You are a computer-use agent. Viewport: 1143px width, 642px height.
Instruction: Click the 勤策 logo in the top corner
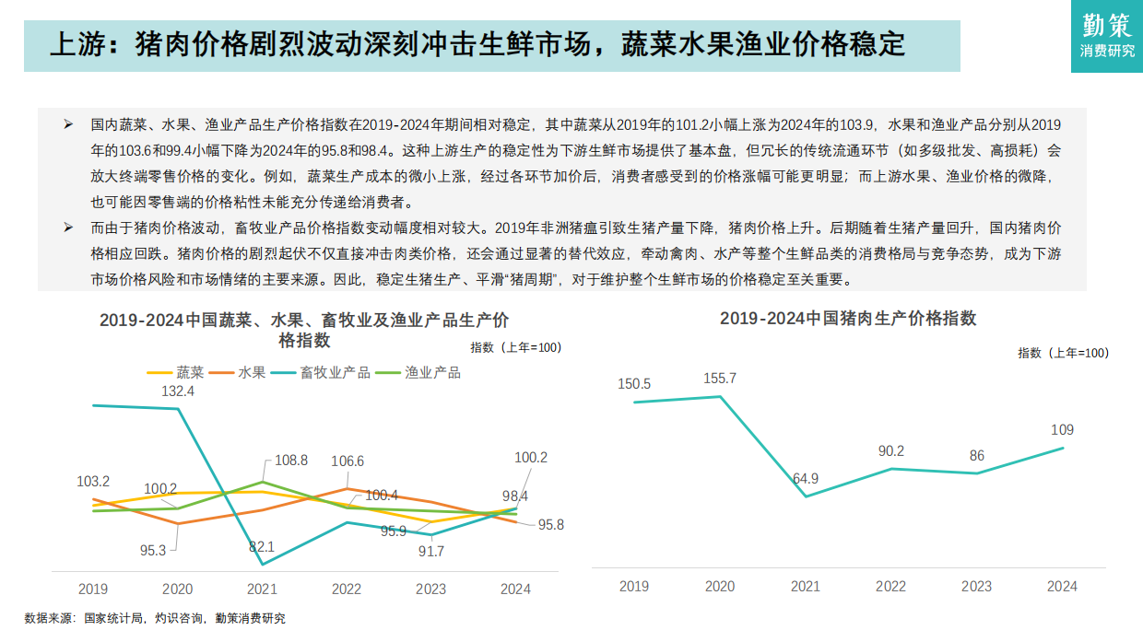tap(1107, 36)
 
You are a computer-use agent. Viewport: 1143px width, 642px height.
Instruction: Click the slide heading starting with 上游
tap(477, 44)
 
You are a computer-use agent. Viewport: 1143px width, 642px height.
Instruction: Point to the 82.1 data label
tap(262, 546)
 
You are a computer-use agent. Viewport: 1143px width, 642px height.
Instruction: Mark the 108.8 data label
tap(291, 460)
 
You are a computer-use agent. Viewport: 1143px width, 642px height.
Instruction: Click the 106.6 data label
tap(347, 461)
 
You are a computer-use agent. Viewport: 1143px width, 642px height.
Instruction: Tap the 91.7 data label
tap(431, 552)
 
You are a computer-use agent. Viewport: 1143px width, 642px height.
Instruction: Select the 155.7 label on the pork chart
tap(719, 379)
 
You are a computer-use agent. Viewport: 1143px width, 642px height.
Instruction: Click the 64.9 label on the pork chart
tap(805, 478)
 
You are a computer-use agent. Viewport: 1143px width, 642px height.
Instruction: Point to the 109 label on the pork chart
tap(1062, 430)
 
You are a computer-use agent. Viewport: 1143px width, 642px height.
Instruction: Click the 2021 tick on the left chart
tap(262, 589)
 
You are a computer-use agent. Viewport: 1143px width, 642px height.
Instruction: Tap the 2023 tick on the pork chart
tap(976, 587)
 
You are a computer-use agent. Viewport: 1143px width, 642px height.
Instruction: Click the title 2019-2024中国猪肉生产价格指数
tap(847, 319)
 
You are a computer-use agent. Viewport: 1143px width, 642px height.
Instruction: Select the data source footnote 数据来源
tap(155, 619)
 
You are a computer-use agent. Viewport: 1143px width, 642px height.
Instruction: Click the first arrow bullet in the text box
tap(67, 123)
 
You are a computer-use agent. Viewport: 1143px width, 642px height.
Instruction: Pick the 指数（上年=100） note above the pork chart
tap(1063, 353)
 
